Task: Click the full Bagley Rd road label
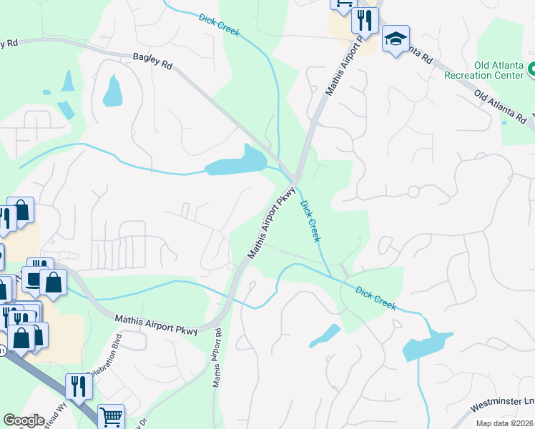coord(153,63)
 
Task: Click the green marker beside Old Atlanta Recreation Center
coord(531,70)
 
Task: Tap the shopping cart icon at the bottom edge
coord(110,417)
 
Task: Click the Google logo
coord(24,420)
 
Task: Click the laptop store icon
coord(34,279)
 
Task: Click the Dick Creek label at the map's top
coord(220,25)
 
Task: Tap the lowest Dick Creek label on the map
coord(375,298)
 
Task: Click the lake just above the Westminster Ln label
coord(427,347)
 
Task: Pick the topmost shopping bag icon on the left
coord(21,210)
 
